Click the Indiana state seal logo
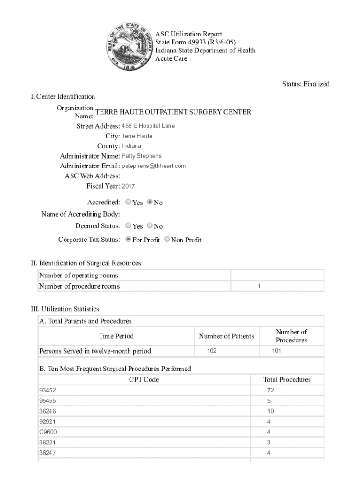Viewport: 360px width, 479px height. coord(130,46)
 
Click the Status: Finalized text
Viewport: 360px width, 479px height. coord(306,84)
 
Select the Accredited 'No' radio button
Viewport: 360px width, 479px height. coord(150,203)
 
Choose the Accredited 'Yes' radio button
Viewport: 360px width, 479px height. coord(129,203)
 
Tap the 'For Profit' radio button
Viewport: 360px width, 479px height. coord(129,239)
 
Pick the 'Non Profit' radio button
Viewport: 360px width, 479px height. coord(167,239)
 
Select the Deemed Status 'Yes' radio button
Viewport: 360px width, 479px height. coord(129,226)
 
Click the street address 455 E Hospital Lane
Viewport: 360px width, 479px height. coord(148,126)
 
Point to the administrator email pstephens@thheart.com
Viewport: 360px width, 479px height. coord(154,166)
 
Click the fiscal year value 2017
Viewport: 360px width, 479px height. coord(128,186)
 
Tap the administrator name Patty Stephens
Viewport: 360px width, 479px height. coord(142,156)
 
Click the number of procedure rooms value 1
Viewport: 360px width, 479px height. coord(259,286)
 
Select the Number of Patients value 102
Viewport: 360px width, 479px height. coord(211,351)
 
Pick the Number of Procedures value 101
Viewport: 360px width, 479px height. coord(276,351)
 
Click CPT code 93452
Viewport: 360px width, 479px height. coord(47,390)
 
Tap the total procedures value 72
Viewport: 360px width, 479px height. coord(271,390)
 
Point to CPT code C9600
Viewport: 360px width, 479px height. coord(48,432)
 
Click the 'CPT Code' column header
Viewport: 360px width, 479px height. coord(144,380)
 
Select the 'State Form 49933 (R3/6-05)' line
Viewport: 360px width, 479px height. coord(192,43)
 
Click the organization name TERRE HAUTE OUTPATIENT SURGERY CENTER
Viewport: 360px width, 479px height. coord(173,112)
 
